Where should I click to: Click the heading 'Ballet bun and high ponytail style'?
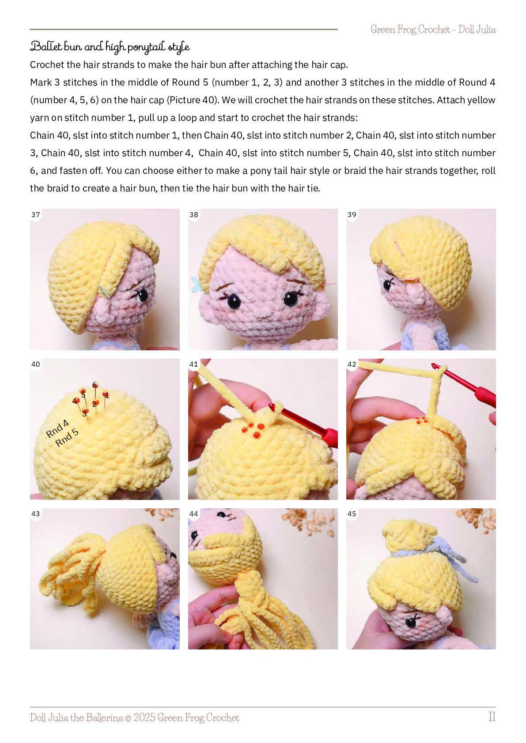pyautogui.click(x=110, y=47)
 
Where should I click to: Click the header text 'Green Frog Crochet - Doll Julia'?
pyautogui.click(x=433, y=29)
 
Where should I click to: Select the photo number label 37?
pyautogui.click(x=35, y=214)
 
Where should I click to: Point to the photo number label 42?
pyautogui.click(x=352, y=364)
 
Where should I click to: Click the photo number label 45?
pyautogui.click(x=352, y=514)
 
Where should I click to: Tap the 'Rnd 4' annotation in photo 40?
pyautogui.click(x=57, y=428)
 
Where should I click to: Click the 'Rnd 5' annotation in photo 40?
pyautogui.click(x=67, y=437)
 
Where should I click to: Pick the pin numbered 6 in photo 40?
pyautogui.click(x=95, y=385)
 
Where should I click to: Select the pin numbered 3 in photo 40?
pyautogui.click(x=85, y=412)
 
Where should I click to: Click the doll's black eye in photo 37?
pyautogui.click(x=144, y=295)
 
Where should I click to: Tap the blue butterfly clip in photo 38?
pyautogui.click(x=196, y=284)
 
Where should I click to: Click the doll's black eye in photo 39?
pyautogui.click(x=387, y=285)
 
